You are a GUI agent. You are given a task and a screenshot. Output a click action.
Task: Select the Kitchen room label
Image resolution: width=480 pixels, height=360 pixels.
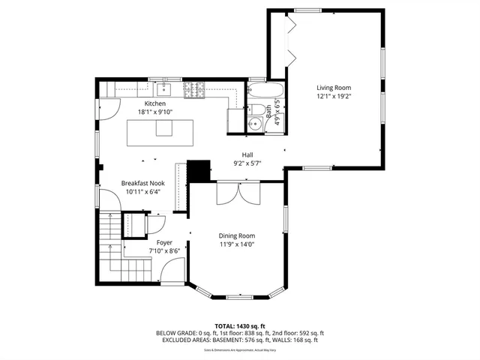[x=154, y=103]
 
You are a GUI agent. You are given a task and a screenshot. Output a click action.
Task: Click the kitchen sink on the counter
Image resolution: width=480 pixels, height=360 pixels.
[x=167, y=90]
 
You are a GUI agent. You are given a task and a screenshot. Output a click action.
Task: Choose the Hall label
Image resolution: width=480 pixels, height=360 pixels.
[x=247, y=154]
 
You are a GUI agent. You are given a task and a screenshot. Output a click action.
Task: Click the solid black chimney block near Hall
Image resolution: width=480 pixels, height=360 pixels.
[x=199, y=171]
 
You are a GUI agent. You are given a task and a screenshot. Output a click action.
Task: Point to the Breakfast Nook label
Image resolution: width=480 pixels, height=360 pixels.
[x=142, y=183]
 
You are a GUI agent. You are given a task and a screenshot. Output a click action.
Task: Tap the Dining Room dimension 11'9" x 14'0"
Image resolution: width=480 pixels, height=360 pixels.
[x=237, y=244]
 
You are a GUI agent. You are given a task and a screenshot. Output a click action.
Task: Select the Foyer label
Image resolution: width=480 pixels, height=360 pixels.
[x=164, y=242]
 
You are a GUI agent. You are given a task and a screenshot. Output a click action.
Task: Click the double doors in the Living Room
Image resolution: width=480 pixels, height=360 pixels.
[x=292, y=44]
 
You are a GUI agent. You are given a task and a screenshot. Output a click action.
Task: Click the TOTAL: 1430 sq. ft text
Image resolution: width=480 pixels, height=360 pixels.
[x=239, y=325]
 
